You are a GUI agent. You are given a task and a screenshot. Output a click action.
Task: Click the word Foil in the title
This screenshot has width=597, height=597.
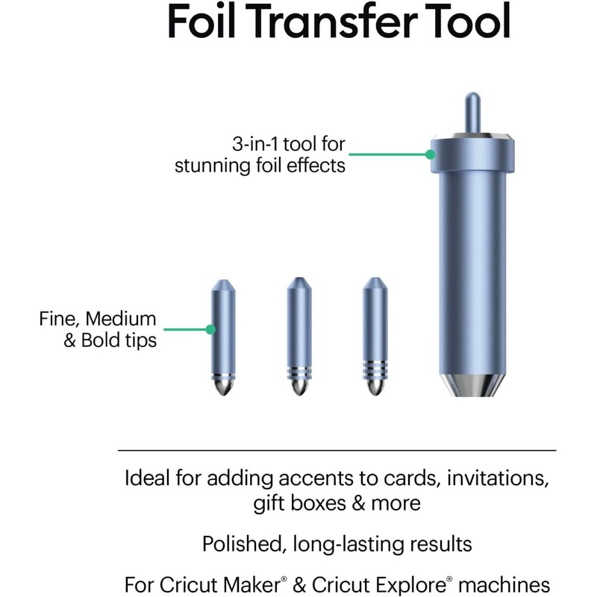pos(201,21)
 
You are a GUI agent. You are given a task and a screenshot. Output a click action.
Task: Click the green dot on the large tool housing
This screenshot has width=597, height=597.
pos(431,154)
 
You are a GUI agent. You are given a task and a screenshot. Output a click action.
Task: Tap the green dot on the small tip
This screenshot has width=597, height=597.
pos(210,329)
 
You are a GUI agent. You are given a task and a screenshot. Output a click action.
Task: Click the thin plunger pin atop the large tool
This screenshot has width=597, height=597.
pos(472,113)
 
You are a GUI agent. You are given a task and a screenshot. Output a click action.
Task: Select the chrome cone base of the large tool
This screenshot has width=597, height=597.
pos(472,385)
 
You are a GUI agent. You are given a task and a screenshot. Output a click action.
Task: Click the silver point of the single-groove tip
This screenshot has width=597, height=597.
pos(223,387)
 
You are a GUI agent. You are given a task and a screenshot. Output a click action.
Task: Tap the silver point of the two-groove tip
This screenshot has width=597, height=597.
pos(299,387)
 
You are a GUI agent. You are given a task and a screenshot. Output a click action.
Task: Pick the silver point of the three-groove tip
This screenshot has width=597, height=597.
pos(375,387)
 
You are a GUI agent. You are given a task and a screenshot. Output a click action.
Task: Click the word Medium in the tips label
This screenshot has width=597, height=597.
pos(121,319)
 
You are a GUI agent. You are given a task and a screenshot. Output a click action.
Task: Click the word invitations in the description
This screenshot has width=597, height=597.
pos(498,478)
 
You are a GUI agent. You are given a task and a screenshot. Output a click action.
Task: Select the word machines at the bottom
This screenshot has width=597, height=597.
pos(504,584)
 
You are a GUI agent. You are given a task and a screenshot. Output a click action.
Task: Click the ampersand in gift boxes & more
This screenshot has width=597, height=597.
pos(358,504)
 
